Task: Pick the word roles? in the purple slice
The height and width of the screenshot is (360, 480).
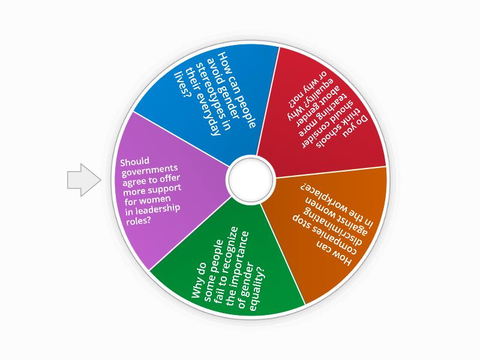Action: click(139, 220)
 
